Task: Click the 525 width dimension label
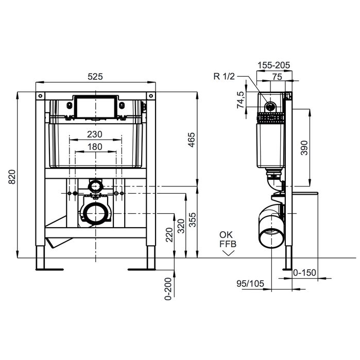[x=95, y=76]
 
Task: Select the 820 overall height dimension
[x=12, y=177]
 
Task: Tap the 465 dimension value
[x=191, y=140]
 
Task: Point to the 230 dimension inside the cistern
[x=95, y=134]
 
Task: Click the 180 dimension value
[x=95, y=147]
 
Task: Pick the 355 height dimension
[x=193, y=220]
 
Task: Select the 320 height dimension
[x=181, y=226]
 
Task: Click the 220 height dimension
[x=169, y=235]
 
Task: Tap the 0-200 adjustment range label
[x=168, y=289]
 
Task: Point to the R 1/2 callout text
[x=224, y=76]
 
